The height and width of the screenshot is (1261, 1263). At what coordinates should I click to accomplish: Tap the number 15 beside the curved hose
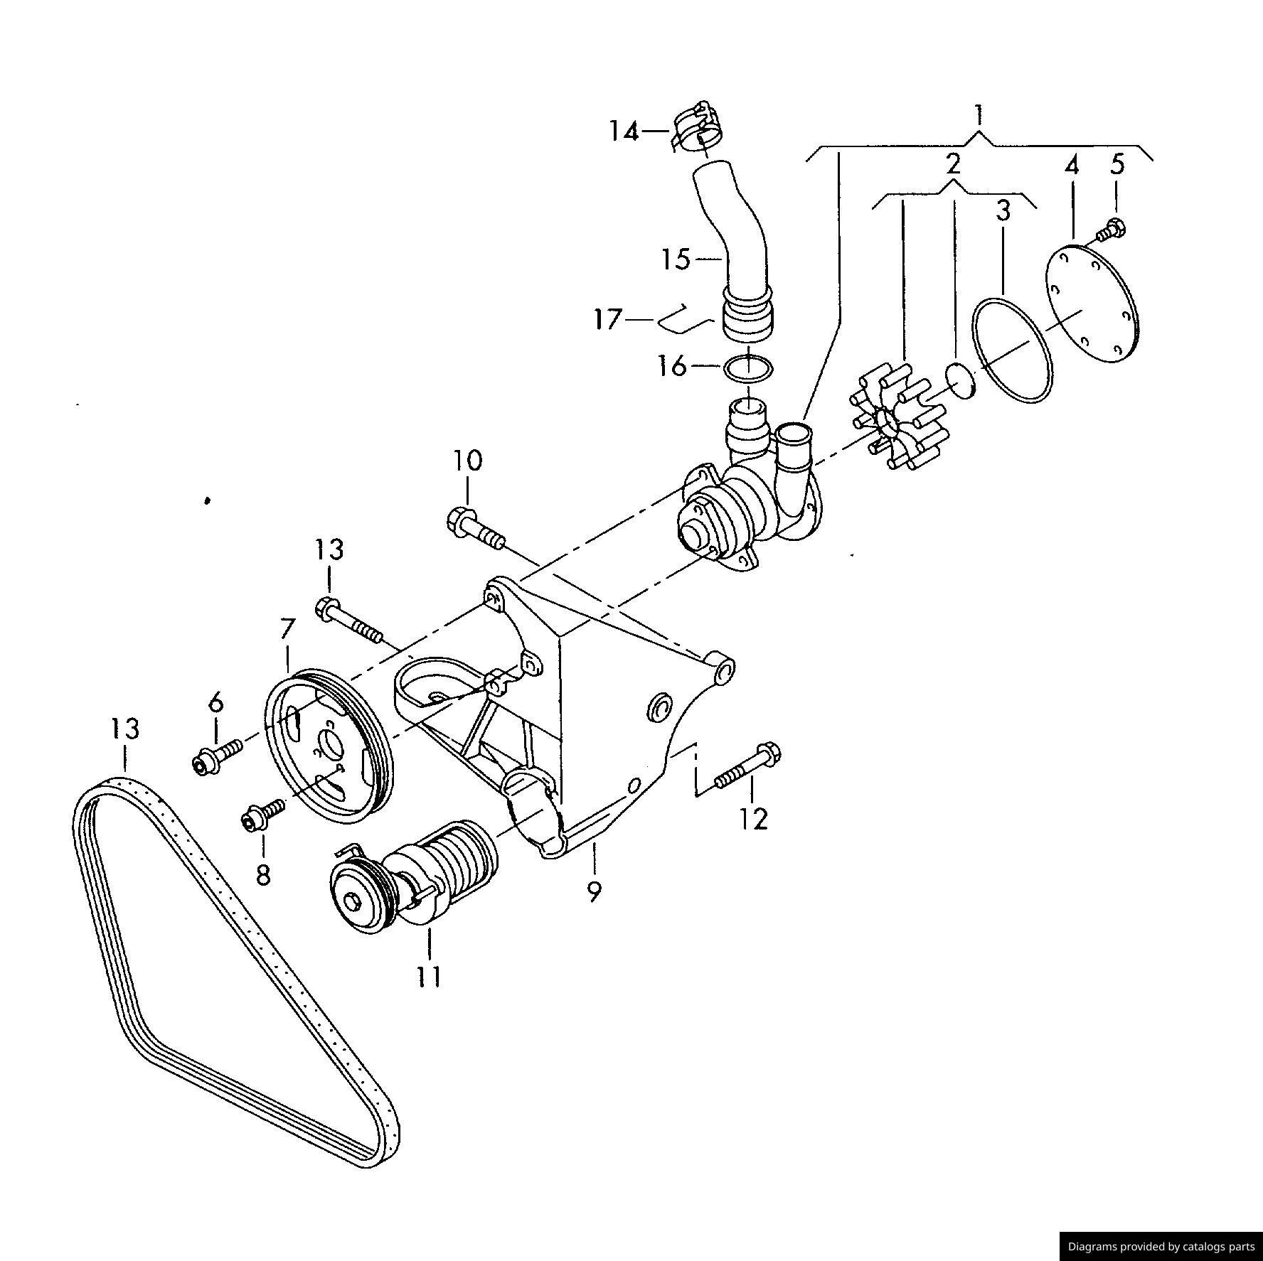click(675, 259)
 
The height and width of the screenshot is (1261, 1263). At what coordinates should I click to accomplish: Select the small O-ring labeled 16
click(747, 367)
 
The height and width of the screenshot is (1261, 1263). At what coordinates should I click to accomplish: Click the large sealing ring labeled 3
click(1012, 350)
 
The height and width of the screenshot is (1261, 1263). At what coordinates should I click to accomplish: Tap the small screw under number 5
click(1111, 230)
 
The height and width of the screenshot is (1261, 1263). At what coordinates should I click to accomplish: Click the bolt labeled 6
click(216, 756)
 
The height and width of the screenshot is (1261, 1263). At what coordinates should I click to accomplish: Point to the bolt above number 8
click(262, 815)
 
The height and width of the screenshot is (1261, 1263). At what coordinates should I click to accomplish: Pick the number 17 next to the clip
click(608, 320)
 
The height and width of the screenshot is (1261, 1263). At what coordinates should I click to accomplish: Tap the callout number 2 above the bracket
click(953, 163)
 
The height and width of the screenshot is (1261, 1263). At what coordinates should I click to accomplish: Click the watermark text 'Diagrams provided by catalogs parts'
click(1161, 1246)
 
